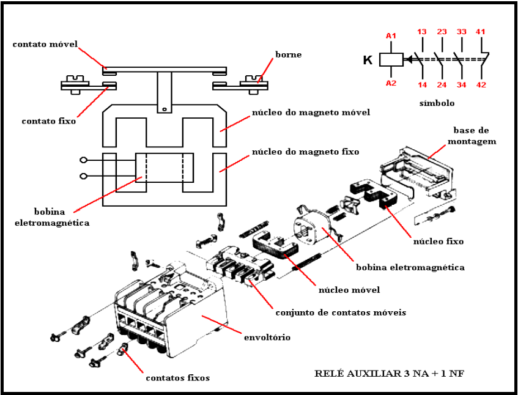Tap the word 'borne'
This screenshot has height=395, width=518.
(289, 55)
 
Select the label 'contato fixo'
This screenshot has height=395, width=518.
(49, 121)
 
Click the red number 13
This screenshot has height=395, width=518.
(422, 32)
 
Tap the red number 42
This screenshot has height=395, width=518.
(481, 85)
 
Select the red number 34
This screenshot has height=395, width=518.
(462, 85)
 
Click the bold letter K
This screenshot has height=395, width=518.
(368, 60)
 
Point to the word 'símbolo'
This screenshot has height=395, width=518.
(437, 103)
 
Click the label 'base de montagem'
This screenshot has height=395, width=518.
(474, 136)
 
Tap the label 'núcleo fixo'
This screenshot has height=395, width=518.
(438, 242)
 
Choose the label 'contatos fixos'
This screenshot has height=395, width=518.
(177, 378)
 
